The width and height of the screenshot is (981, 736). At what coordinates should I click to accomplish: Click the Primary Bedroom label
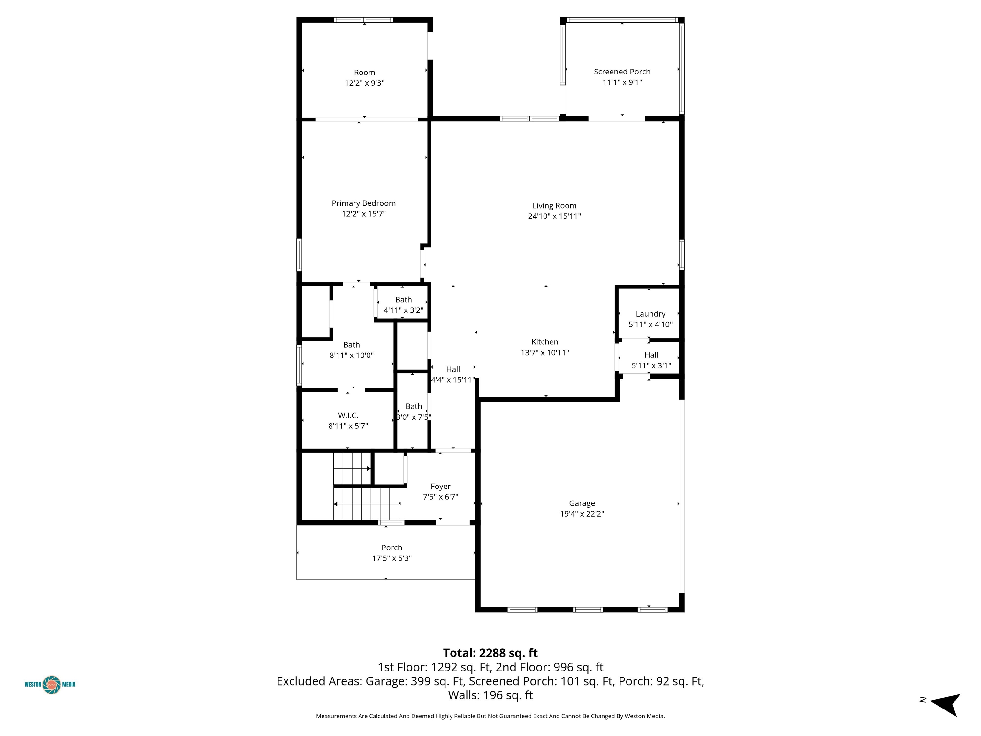pos(364,203)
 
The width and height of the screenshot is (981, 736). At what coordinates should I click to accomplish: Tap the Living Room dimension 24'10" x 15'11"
pos(554,216)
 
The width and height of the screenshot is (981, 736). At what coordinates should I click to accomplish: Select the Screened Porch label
pos(622,72)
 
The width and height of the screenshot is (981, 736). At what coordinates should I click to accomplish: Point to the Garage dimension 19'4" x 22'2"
pos(582,514)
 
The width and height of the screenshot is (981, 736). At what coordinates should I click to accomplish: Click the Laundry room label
pos(650,314)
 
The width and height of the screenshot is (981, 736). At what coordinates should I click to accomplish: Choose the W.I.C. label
pos(348,415)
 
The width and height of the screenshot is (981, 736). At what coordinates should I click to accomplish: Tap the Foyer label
pos(440,486)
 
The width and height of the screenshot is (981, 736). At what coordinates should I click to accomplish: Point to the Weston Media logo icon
pos(52,685)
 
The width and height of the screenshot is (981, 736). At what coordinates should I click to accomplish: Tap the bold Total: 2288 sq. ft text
pos(490,653)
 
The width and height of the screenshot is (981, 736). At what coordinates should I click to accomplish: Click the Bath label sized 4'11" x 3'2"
pos(404,299)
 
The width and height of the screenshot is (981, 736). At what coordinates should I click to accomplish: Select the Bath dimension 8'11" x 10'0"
pos(352,355)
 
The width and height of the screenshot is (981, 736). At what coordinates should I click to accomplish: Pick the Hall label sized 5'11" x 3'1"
pos(651,355)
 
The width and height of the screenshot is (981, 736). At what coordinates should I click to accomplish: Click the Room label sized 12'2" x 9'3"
pos(365,72)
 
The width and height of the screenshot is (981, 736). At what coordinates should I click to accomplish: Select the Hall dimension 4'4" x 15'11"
pos(453,380)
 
